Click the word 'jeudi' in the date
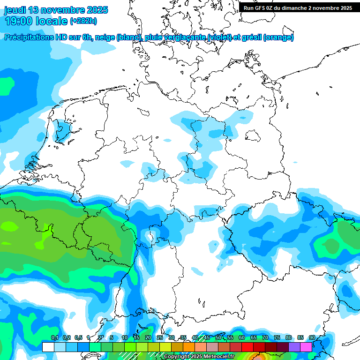tap(15, 10)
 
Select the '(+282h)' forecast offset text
tap(83, 21)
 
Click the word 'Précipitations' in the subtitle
tap(30, 37)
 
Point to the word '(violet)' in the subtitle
tap(225, 37)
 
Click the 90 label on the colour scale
tap(312, 337)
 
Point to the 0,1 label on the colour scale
tap(54, 337)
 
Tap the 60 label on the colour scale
tap(242, 337)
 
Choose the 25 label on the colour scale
tap(160, 337)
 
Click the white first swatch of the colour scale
tap(48, 347)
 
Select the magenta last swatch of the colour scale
tap(306, 347)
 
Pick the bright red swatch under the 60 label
tap(247, 347)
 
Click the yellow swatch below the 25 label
tap(165, 347)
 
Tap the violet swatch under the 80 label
tap(294, 347)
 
